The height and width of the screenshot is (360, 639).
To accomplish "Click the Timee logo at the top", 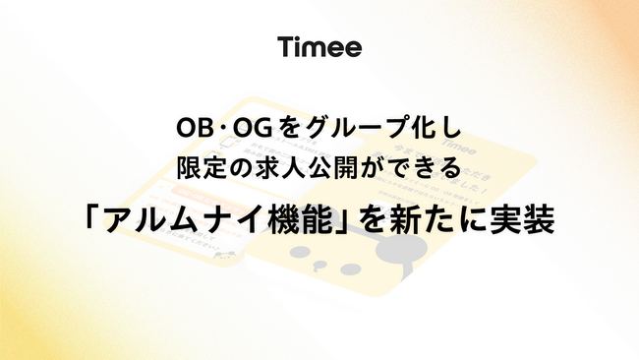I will pyautogui.click(x=319, y=46).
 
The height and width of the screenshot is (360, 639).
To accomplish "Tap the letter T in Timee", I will pyautogui.click(x=286, y=46).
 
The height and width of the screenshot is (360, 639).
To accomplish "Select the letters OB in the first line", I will pyautogui.click(x=192, y=128).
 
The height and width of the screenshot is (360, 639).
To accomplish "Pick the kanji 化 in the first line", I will pyautogui.click(x=413, y=128).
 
